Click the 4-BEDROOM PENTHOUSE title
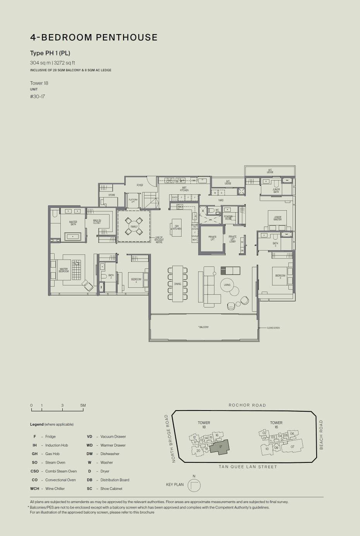tap(94, 38)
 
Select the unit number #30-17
tap(38, 96)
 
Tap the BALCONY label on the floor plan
tap(204, 327)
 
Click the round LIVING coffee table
tap(227, 285)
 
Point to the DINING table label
tap(177, 284)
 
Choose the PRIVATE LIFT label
tap(212, 238)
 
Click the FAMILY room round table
tap(134, 227)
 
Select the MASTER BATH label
tap(73, 223)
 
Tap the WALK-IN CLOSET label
tap(97, 222)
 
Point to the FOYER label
tap(140, 185)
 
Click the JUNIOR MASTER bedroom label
tap(278, 218)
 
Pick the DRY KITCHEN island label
tap(177, 227)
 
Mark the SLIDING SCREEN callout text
tap(273, 328)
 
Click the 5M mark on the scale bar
tap(83, 405)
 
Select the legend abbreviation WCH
tap(34, 488)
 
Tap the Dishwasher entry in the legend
tap(110, 454)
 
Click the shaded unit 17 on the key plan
tap(220, 447)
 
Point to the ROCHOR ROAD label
tap(247, 405)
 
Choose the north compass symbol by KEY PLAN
tap(194, 485)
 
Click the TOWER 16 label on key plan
tap(276, 425)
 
